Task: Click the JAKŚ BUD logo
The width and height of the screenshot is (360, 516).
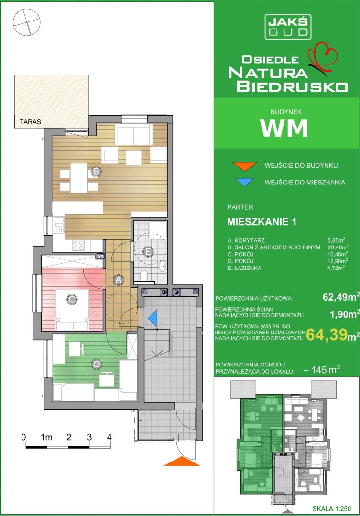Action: (x=288, y=27)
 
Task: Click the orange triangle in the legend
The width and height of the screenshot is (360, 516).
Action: (x=244, y=166)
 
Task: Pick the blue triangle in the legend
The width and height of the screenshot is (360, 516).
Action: (x=244, y=183)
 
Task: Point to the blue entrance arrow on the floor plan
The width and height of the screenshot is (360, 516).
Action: (x=153, y=318)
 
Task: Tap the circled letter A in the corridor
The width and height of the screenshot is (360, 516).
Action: (x=118, y=280)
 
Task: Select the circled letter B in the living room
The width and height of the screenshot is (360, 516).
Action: (x=96, y=172)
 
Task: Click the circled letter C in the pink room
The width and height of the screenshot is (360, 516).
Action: (x=71, y=300)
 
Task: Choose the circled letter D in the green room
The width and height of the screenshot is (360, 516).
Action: (x=97, y=364)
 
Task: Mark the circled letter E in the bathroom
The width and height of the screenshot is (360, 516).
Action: (x=148, y=252)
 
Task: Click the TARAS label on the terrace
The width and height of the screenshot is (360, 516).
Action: (x=30, y=122)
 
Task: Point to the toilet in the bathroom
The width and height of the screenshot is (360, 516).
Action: (x=143, y=275)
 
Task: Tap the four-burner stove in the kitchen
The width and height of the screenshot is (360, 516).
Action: (x=78, y=245)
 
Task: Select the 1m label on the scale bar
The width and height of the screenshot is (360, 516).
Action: (x=46, y=437)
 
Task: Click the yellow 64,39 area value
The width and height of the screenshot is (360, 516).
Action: (x=327, y=334)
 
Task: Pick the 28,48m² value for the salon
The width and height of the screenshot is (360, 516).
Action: (x=338, y=247)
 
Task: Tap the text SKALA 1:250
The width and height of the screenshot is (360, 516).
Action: (x=332, y=509)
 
